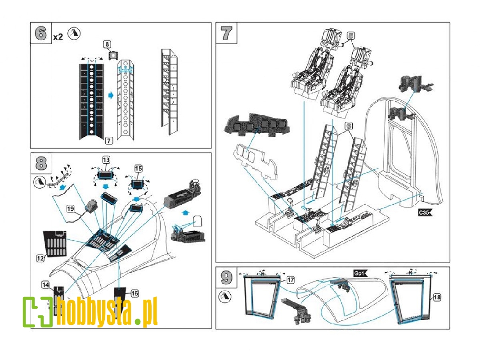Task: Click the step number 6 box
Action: (40, 33)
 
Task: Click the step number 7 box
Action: (226, 33)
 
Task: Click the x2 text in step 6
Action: (58, 37)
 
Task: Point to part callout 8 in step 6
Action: (107, 44)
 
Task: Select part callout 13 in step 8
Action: (106, 160)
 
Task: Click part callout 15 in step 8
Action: (138, 168)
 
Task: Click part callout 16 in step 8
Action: (135, 293)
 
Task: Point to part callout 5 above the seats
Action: (351, 35)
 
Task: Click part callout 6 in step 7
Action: (348, 127)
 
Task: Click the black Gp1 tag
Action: (360, 273)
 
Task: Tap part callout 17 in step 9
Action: (291, 280)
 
